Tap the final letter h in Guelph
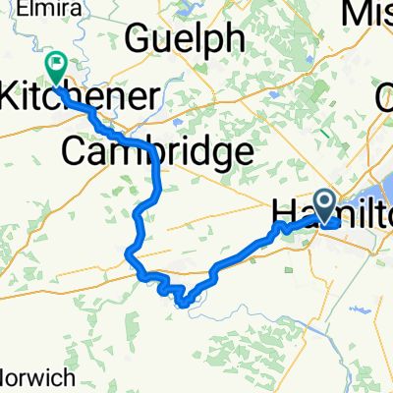[235, 39]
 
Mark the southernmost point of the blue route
[183, 303]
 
